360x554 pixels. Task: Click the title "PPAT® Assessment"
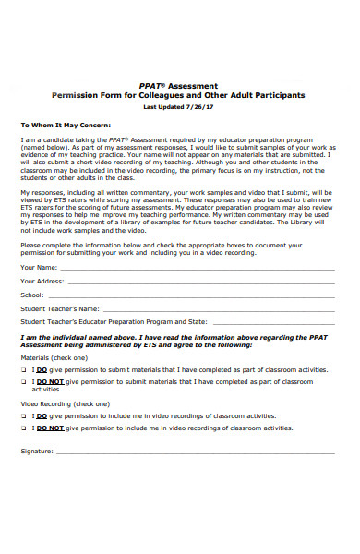point(180,85)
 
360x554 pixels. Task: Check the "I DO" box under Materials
point(24,368)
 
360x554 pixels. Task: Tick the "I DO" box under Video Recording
point(24,416)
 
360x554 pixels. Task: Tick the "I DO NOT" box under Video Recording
point(24,428)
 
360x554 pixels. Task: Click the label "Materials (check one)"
point(54,357)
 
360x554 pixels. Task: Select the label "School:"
point(32,295)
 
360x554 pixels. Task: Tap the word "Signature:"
point(37,452)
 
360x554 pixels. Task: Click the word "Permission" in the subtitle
point(80,95)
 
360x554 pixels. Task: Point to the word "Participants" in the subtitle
point(278,95)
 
